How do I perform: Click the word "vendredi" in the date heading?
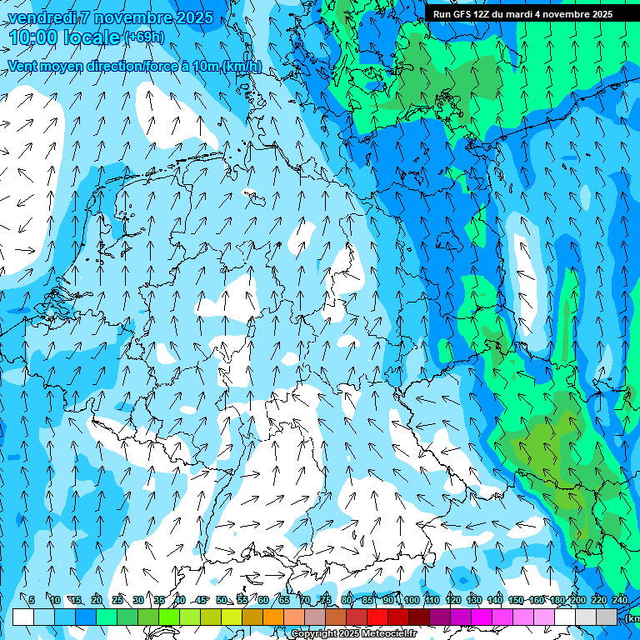tap(38, 17)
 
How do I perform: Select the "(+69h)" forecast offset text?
tap(144, 37)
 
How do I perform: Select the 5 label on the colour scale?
tap(32, 600)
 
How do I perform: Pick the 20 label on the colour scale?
tap(97, 600)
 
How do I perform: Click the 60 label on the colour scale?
tap(263, 600)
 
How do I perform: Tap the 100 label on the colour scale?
tap(411, 600)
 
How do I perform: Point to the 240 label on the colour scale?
tap(620, 600)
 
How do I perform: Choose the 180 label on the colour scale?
tap(557, 600)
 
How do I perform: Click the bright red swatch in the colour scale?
tap(377, 617)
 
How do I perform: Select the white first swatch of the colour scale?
tap(23, 617)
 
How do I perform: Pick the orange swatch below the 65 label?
tap(273, 617)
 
